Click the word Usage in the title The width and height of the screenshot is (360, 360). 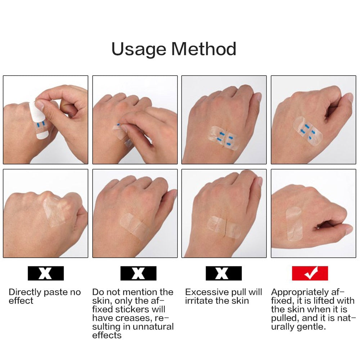click(x=139, y=49)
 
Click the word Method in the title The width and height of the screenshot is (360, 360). click(x=204, y=49)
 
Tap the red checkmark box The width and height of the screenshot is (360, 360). click(x=310, y=273)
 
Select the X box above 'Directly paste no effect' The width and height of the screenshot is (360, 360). click(x=46, y=273)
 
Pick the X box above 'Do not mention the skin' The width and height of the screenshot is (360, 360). click(x=139, y=273)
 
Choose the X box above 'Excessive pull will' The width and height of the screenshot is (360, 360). click(x=224, y=273)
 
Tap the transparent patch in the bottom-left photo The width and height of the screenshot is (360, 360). click(x=55, y=212)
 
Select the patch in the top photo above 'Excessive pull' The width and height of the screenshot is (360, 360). click(x=224, y=138)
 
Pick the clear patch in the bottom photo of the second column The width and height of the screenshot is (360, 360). click(x=135, y=226)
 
